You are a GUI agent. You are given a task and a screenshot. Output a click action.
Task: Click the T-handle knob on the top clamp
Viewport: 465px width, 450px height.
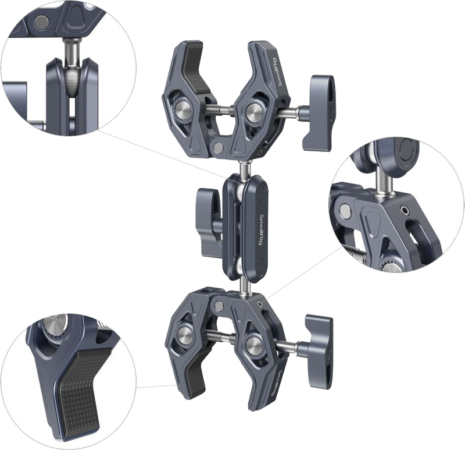pos(321,99)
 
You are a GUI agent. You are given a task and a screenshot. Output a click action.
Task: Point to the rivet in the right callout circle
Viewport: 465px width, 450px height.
pos(346,209)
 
